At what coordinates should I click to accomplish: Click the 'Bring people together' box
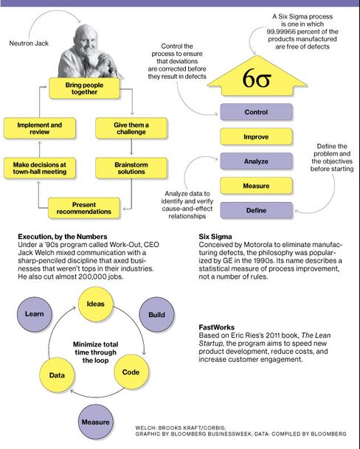pyautogui.click(x=84, y=88)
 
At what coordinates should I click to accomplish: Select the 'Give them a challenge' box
pyautogui.click(x=131, y=128)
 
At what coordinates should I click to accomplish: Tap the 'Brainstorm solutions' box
pyautogui.click(x=131, y=168)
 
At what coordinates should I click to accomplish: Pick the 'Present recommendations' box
pyautogui.click(x=83, y=208)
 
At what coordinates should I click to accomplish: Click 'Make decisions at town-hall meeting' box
pyautogui.click(x=40, y=168)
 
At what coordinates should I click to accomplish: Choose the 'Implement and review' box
pyautogui.click(x=40, y=128)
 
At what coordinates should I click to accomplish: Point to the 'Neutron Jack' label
pyautogui.click(x=29, y=43)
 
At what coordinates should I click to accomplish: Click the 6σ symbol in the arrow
pyautogui.click(x=257, y=78)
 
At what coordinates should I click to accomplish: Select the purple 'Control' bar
pyautogui.click(x=256, y=112)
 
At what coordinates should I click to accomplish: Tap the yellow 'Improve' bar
pyautogui.click(x=256, y=136)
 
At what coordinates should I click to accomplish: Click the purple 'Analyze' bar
pyautogui.click(x=256, y=161)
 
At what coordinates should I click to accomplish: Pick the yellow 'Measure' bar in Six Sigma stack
pyautogui.click(x=256, y=186)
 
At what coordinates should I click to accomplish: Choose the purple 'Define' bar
pyautogui.click(x=256, y=210)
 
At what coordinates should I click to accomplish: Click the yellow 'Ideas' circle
pyautogui.click(x=96, y=304)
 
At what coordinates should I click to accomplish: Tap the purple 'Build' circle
pyautogui.click(x=156, y=314)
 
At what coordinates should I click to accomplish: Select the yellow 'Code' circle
pyautogui.click(x=131, y=372)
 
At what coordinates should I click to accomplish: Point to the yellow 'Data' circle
pyautogui.click(x=57, y=375)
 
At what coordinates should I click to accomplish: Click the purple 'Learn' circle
pyautogui.click(x=35, y=314)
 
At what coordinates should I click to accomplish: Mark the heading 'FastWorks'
pyautogui.click(x=216, y=327)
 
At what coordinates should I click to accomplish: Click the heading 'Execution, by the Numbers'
pyautogui.click(x=63, y=237)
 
